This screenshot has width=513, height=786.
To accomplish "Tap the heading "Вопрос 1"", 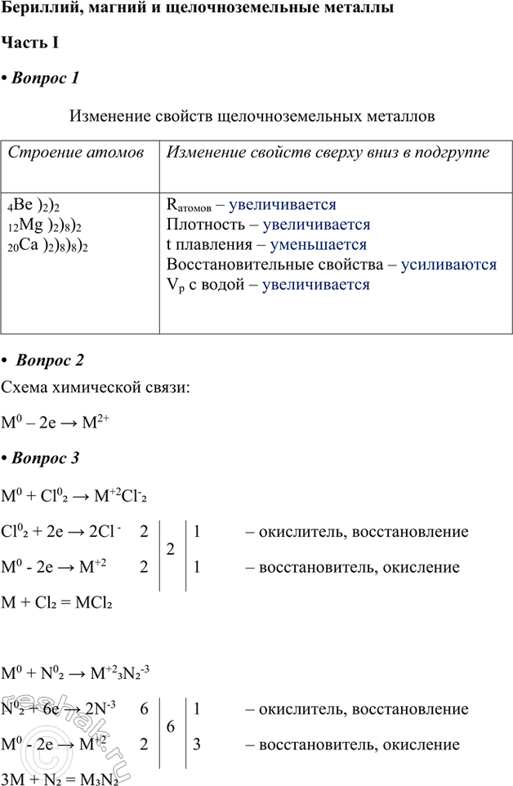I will tap(46, 78).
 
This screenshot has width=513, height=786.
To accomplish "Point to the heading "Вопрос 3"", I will tap(46, 458).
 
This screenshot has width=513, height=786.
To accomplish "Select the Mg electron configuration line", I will tap(46, 225).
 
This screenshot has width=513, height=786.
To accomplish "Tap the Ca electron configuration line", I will tap(48, 245).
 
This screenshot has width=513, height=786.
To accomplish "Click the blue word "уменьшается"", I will tap(314, 244).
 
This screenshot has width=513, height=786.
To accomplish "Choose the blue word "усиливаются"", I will tap(448, 265).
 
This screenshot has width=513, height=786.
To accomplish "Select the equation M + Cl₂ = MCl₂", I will tap(57, 604).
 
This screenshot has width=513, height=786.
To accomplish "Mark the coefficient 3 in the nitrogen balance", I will tap(197, 744).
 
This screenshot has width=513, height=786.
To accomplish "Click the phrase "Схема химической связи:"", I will tap(96, 388).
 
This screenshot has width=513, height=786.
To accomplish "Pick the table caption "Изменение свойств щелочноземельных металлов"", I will tap(252, 116).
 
